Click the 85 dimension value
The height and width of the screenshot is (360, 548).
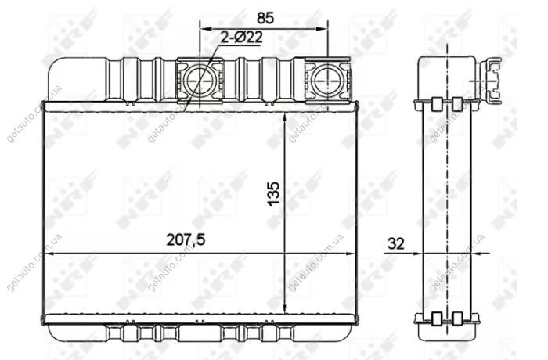(x=265, y=18)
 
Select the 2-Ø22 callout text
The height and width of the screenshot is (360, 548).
(x=241, y=38)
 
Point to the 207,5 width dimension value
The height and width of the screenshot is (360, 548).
(x=186, y=240)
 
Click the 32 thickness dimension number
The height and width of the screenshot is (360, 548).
(x=396, y=243)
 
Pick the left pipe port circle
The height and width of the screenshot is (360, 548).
(x=199, y=79)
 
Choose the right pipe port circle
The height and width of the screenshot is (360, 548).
(x=327, y=79)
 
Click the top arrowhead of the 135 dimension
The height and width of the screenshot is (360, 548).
(x=285, y=118)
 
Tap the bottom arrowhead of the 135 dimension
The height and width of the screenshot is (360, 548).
(x=285, y=308)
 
